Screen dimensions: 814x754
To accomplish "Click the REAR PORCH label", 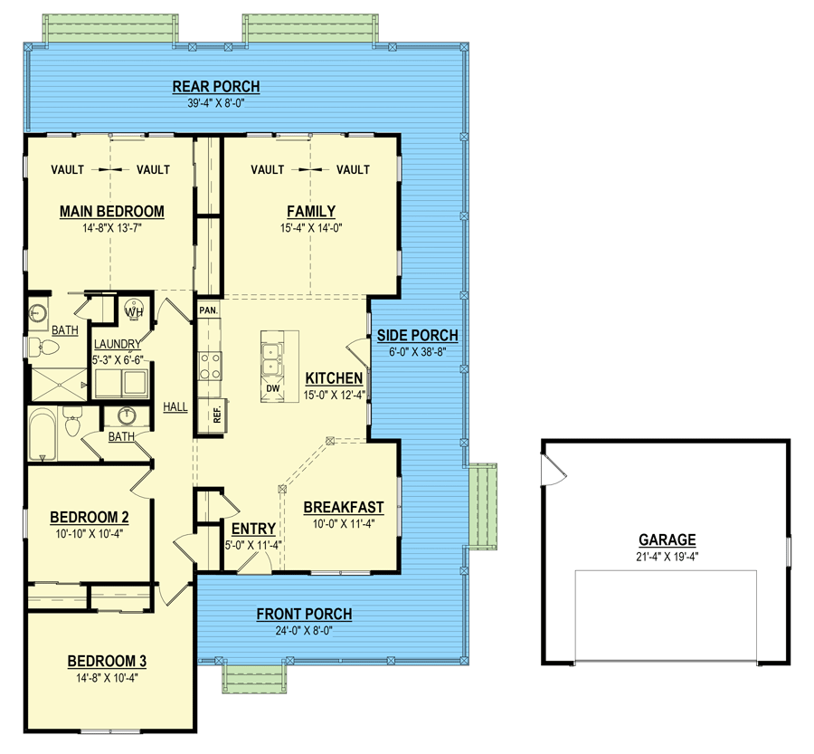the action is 216,86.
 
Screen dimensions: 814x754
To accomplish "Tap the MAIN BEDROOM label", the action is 111,212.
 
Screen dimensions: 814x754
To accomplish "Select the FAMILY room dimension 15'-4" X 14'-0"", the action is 311,227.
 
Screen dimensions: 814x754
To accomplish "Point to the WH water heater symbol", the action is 134,311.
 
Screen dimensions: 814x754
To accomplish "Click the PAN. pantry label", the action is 209,310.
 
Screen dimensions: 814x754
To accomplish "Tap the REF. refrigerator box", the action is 213,415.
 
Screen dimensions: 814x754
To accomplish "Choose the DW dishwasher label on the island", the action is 272,388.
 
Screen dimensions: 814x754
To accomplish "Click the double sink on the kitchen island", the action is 272,360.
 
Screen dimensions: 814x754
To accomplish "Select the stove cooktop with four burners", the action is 210,367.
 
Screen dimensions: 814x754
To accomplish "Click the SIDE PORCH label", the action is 417,335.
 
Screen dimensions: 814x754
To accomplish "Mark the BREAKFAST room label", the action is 344,507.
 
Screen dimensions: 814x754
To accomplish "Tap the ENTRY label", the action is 253,529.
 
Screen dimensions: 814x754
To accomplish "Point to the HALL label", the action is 175,407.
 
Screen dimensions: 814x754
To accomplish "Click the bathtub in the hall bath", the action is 43,434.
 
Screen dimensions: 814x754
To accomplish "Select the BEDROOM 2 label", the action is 90,517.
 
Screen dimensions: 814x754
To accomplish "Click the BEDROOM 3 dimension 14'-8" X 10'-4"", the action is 107,678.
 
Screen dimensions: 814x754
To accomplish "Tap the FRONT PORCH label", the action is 304,614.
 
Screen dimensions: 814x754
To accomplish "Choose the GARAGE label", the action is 667,539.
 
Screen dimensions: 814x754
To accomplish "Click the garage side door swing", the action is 554,470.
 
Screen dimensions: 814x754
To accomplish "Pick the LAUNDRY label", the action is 118,344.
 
